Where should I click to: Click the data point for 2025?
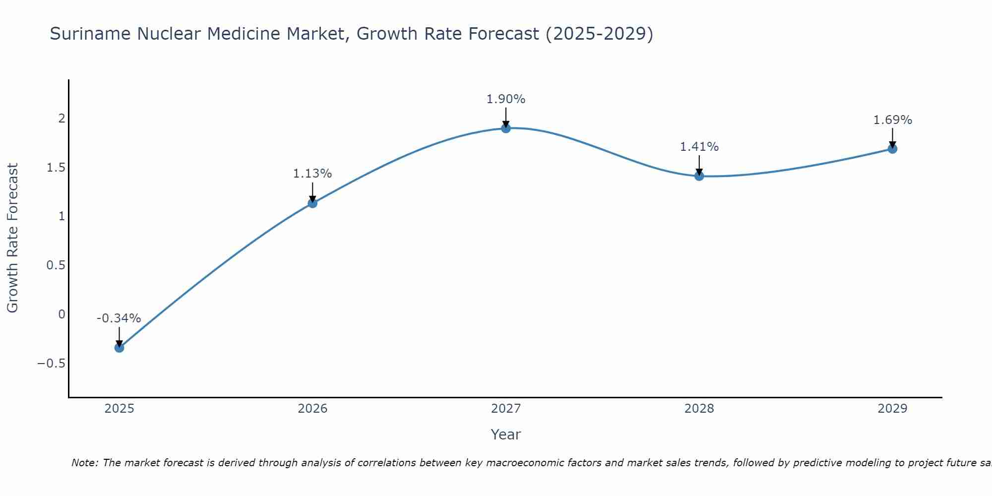tap(119, 347)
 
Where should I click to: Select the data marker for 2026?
tap(312, 203)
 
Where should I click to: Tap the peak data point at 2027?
tap(506, 128)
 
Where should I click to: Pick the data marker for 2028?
tap(699, 176)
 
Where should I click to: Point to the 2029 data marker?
tap(892, 148)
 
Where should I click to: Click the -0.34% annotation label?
tap(119, 318)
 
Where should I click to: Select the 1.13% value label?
tap(312, 174)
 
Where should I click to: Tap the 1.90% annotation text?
tap(505, 99)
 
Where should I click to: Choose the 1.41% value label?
tap(699, 147)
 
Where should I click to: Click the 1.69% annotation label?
tap(892, 120)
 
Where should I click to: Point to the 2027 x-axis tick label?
tap(506, 409)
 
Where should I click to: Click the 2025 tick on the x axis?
tap(119, 409)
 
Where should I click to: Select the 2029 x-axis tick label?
tap(892, 409)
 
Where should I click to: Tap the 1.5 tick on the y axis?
tap(56, 167)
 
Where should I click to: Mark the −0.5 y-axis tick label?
tap(51, 364)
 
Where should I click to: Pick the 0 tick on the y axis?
tap(62, 314)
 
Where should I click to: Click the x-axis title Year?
tap(505, 434)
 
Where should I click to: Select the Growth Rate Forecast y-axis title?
tap(12, 238)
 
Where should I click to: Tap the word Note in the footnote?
tap(83, 463)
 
